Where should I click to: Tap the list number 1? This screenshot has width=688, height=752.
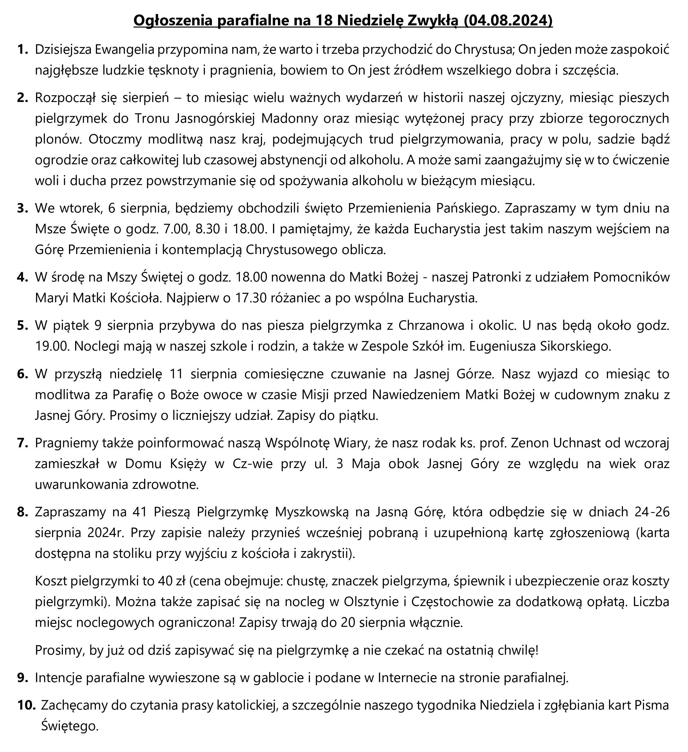point(22,49)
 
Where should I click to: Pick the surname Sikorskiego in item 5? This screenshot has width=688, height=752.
point(577,347)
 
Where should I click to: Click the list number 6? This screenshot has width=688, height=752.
point(22,374)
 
